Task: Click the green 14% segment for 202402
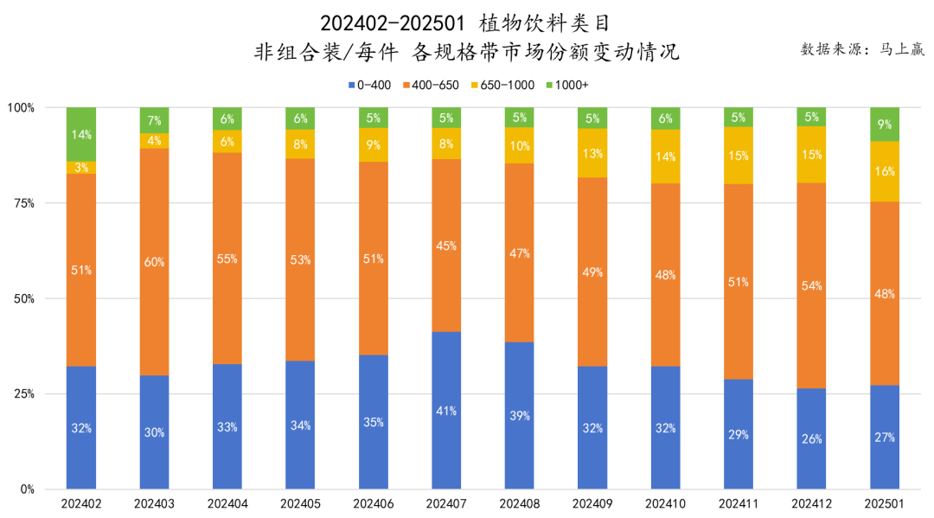(81, 134)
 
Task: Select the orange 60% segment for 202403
(154, 262)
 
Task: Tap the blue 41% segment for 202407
(446, 410)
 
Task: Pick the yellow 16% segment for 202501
(885, 171)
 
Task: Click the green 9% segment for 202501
(885, 124)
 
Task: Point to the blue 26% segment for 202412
(812, 438)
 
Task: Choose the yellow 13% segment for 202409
(592, 153)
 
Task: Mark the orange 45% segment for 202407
(446, 245)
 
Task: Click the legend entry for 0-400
(369, 85)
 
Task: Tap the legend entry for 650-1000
(502, 85)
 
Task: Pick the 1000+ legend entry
(566, 85)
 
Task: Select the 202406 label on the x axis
(374, 502)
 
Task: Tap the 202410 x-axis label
(666, 502)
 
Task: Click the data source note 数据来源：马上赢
(862, 49)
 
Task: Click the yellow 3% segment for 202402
(81, 167)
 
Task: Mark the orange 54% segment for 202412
(812, 285)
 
